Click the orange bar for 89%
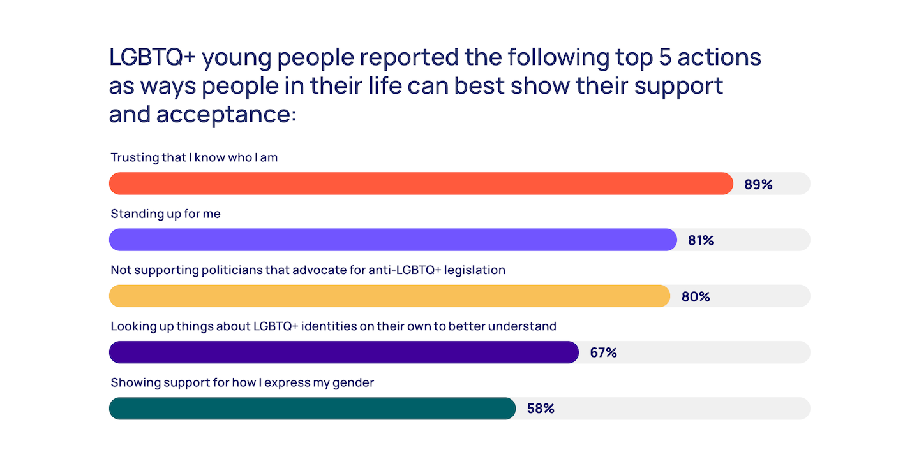pyautogui.click(x=421, y=184)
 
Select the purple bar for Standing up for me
pyautogui.click(x=393, y=240)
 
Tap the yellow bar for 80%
pyautogui.click(x=389, y=296)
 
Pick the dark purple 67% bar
pyautogui.click(x=344, y=352)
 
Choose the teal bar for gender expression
pyautogui.click(x=312, y=409)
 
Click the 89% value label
pyautogui.click(x=758, y=184)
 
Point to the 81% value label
pyautogui.click(x=701, y=240)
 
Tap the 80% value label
pyautogui.click(x=696, y=296)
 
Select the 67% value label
pyautogui.click(x=603, y=352)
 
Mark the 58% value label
pyautogui.click(x=541, y=409)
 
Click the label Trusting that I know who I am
pyautogui.click(x=194, y=157)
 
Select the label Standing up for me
pyautogui.click(x=166, y=214)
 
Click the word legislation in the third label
pyautogui.click(x=474, y=270)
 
